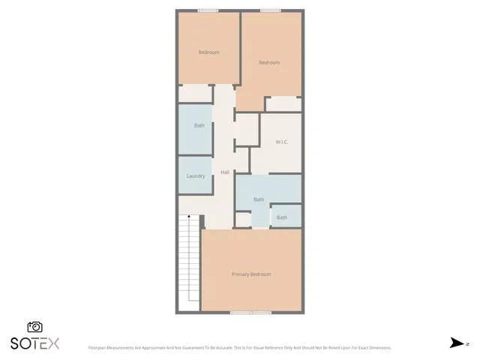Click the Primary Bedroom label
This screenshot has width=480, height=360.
click(x=251, y=274)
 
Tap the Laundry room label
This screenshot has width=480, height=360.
click(x=196, y=176)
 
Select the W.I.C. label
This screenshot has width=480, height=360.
click(x=282, y=142)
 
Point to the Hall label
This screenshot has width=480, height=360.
click(x=224, y=172)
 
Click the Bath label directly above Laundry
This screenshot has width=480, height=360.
click(x=199, y=125)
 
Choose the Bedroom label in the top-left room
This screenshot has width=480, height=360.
click(x=208, y=52)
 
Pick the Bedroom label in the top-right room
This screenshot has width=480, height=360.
click(x=269, y=62)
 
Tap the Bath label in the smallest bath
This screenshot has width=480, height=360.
click(x=281, y=217)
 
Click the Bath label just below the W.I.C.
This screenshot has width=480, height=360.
click(x=259, y=199)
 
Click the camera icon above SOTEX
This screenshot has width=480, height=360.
click(x=34, y=327)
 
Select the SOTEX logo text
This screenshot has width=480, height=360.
click(x=34, y=343)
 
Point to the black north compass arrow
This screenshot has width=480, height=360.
click(x=456, y=343)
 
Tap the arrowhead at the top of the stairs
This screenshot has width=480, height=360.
click(x=188, y=217)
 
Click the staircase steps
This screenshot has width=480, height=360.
click(x=188, y=262)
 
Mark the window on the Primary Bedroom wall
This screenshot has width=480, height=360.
click(x=251, y=311)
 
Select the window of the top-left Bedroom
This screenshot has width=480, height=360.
click(x=208, y=10)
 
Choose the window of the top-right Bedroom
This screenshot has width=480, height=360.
click(x=270, y=10)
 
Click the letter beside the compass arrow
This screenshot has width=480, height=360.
click(x=467, y=343)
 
